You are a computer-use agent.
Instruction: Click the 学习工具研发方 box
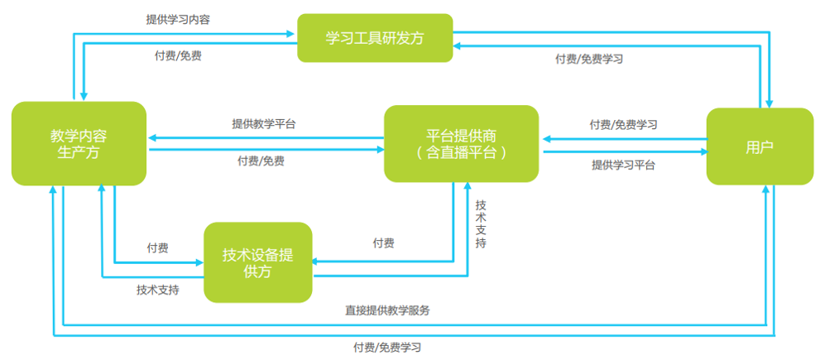375,37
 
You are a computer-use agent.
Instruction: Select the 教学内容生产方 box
79,143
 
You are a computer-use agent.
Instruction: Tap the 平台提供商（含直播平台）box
461,143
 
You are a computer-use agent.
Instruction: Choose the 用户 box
759,146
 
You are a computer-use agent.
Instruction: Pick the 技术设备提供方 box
258,262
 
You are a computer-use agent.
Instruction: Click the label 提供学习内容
177,18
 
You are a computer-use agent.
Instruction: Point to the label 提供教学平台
264,123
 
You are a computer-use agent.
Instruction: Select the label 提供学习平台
623,165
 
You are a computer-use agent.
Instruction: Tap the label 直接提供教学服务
387,310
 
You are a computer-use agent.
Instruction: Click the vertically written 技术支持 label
481,223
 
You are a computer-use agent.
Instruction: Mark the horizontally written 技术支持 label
158,290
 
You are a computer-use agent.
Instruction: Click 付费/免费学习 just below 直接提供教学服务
387,348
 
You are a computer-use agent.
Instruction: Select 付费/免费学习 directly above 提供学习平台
623,124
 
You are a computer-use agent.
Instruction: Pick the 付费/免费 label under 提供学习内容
178,55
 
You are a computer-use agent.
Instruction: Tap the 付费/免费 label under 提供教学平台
261,161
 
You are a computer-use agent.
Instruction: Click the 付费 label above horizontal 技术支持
158,247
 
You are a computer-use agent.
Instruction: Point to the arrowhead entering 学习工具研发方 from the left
292,33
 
